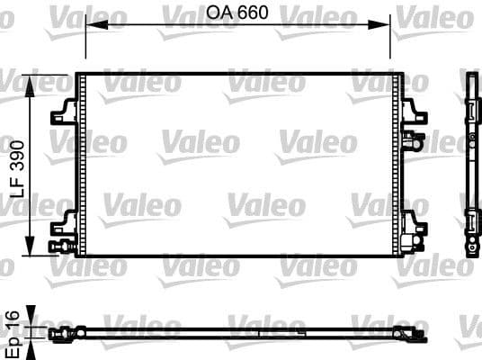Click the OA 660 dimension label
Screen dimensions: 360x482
click(237, 13)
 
